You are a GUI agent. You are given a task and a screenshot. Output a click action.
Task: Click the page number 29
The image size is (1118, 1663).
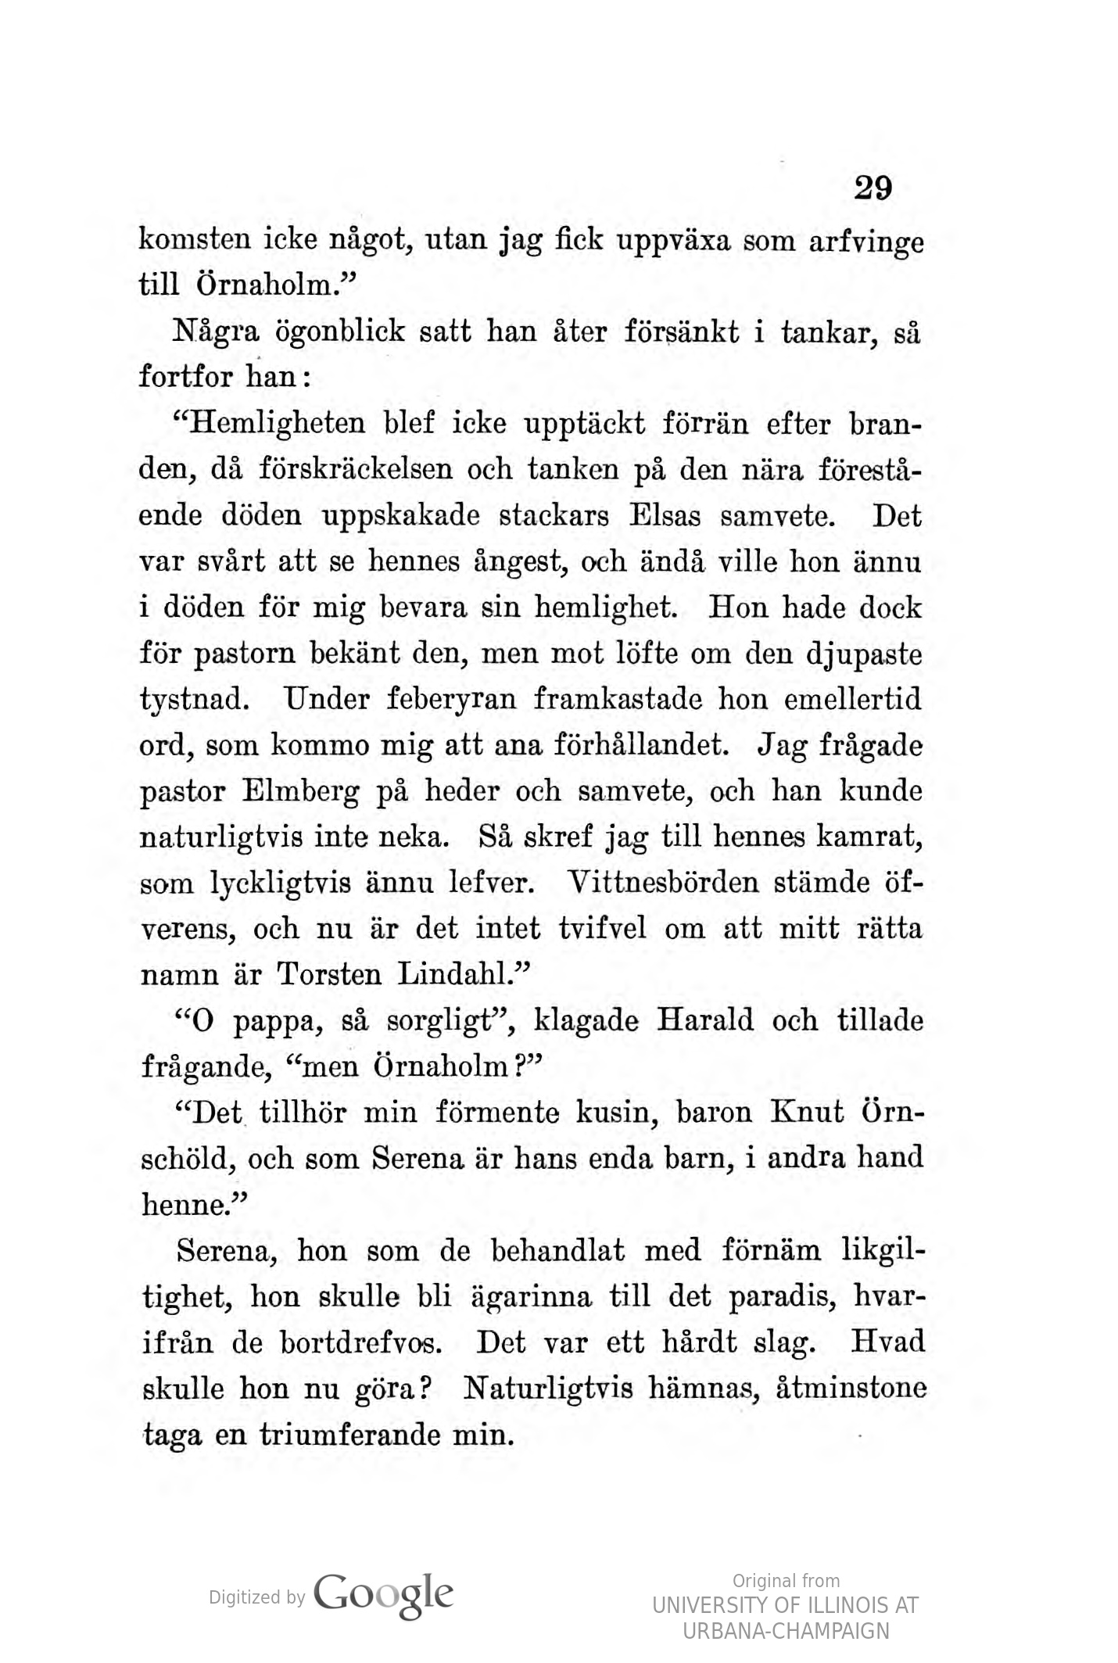point(873,188)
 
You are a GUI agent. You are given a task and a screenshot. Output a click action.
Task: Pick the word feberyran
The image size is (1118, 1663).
point(451,698)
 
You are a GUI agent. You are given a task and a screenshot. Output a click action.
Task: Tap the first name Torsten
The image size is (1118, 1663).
point(329,975)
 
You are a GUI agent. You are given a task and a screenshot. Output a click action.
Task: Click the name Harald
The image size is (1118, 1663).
point(706,1021)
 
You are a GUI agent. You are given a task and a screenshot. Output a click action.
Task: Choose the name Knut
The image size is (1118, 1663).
point(807,1113)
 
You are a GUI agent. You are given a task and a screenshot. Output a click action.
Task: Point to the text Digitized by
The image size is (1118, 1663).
point(256,1597)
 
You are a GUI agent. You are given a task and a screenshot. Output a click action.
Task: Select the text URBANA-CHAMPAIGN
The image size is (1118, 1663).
point(785,1631)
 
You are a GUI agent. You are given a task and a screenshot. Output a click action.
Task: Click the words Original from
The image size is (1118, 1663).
point(785,1580)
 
